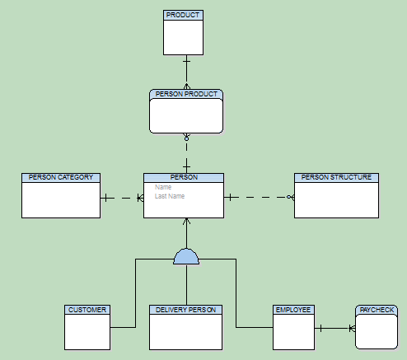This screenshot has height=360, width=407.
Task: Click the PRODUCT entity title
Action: point(183,15)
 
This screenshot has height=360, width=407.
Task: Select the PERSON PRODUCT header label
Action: point(186,94)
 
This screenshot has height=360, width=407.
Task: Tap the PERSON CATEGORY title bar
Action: point(61,177)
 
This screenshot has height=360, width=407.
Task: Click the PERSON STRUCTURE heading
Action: point(336,177)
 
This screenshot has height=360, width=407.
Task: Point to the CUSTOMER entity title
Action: point(87,310)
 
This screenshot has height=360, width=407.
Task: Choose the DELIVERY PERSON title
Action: point(185,310)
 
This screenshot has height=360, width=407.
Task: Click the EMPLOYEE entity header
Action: point(293,310)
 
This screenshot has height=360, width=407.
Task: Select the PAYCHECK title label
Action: point(377,310)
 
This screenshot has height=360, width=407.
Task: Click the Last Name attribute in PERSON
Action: point(170,196)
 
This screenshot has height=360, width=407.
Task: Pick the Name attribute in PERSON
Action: point(163,187)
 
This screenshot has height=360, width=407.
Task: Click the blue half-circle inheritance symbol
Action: point(186,256)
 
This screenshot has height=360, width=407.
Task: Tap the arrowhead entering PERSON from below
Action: point(186,222)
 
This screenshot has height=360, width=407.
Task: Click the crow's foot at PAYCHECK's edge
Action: point(352,328)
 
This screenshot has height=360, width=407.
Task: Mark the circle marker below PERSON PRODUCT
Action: point(186,139)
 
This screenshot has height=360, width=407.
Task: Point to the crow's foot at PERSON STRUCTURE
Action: point(292,197)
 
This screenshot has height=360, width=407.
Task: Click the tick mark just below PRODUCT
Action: point(186,61)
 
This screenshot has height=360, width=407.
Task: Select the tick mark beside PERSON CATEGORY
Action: point(106,198)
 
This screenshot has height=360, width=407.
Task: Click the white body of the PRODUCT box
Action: point(184,37)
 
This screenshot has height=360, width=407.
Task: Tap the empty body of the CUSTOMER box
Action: point(87,332)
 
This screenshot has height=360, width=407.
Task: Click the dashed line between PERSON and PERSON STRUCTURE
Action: point(260,197)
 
